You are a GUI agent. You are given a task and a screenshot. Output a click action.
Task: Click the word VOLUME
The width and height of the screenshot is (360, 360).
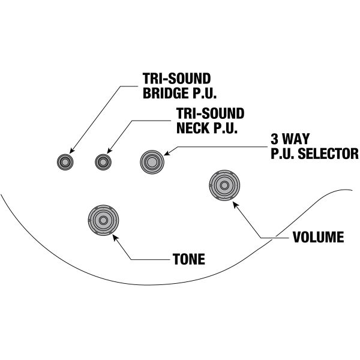(318, 237)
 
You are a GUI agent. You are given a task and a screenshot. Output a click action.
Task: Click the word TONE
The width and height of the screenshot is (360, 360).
(188, 260)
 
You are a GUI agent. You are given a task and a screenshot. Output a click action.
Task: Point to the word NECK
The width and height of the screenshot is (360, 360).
(191, 127)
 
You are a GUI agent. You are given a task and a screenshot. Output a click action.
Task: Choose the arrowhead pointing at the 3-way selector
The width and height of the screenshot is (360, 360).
(169, 155)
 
